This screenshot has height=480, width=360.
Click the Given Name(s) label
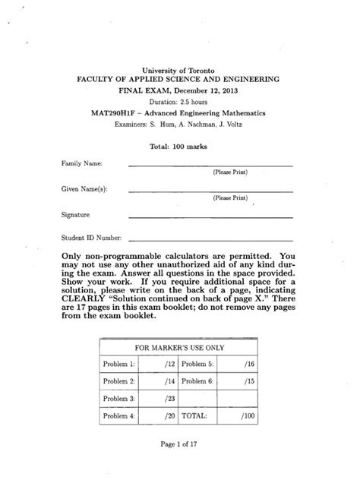point(86,189)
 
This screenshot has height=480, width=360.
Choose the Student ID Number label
point(93,239)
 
